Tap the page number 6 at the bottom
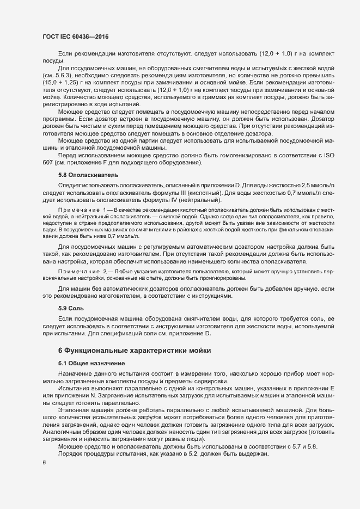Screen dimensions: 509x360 click(45, 463)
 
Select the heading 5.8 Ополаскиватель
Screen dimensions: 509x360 click(84, 175)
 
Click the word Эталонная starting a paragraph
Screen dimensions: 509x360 click(74, 409)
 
